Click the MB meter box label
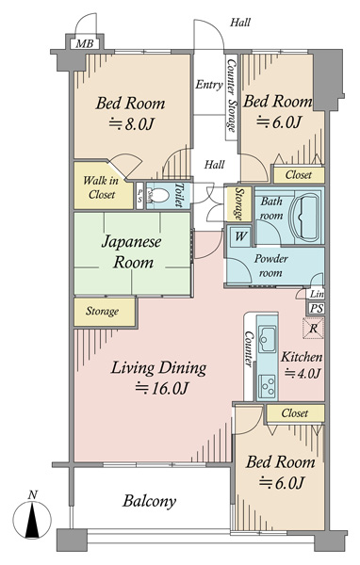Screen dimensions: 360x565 pos(85,44)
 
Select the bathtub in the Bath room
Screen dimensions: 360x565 pos(306,218)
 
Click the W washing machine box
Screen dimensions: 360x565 pos(240,236)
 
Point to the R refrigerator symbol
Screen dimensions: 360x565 pos(313,329)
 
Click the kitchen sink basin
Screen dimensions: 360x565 pos(268,339)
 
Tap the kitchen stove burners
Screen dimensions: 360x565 pos(268,385)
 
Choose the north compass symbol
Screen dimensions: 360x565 pos(32,517)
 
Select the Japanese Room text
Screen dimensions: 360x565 pos(131,251)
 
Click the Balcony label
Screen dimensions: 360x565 pos(149,501)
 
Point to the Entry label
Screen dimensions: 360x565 pos(209,85)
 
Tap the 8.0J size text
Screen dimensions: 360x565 pos(132,124)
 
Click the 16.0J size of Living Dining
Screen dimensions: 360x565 pos(161,388)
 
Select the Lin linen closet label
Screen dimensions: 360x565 pos(317,294)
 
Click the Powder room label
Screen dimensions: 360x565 pos(270,266)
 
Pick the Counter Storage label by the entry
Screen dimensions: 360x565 pos(231,95)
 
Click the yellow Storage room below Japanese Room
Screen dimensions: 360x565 pos(105,312)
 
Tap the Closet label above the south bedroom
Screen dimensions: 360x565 pos(295,413)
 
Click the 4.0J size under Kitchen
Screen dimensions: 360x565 pos(303,373)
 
